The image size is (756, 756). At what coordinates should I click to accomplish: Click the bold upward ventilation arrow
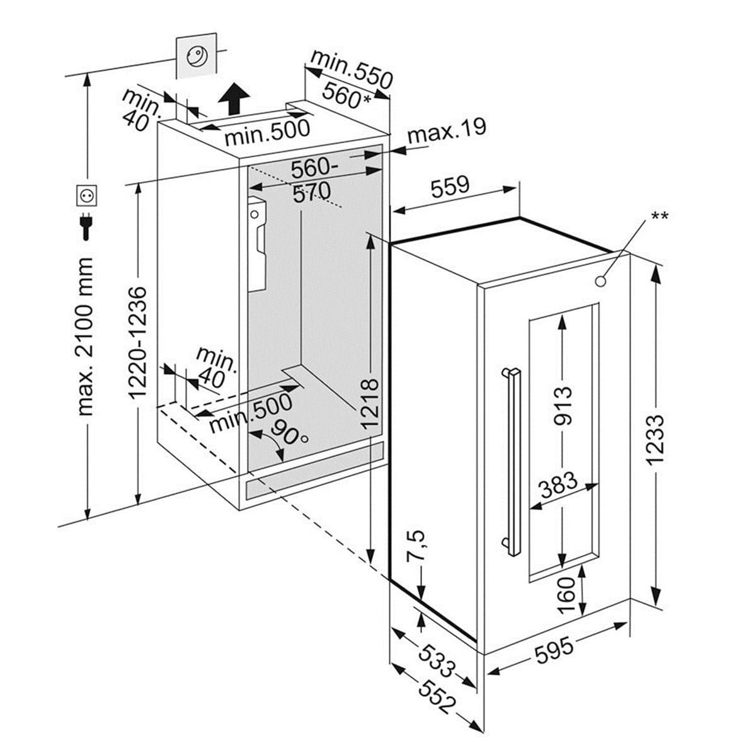tap(233, 100)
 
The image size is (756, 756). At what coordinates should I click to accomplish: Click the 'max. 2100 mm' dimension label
tap(86, 336)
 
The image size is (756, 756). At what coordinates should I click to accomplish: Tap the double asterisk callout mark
tap(660, 217)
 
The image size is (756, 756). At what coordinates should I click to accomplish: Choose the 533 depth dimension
tap(436, 656)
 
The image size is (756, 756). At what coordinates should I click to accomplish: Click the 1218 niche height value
tap(370, 403)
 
